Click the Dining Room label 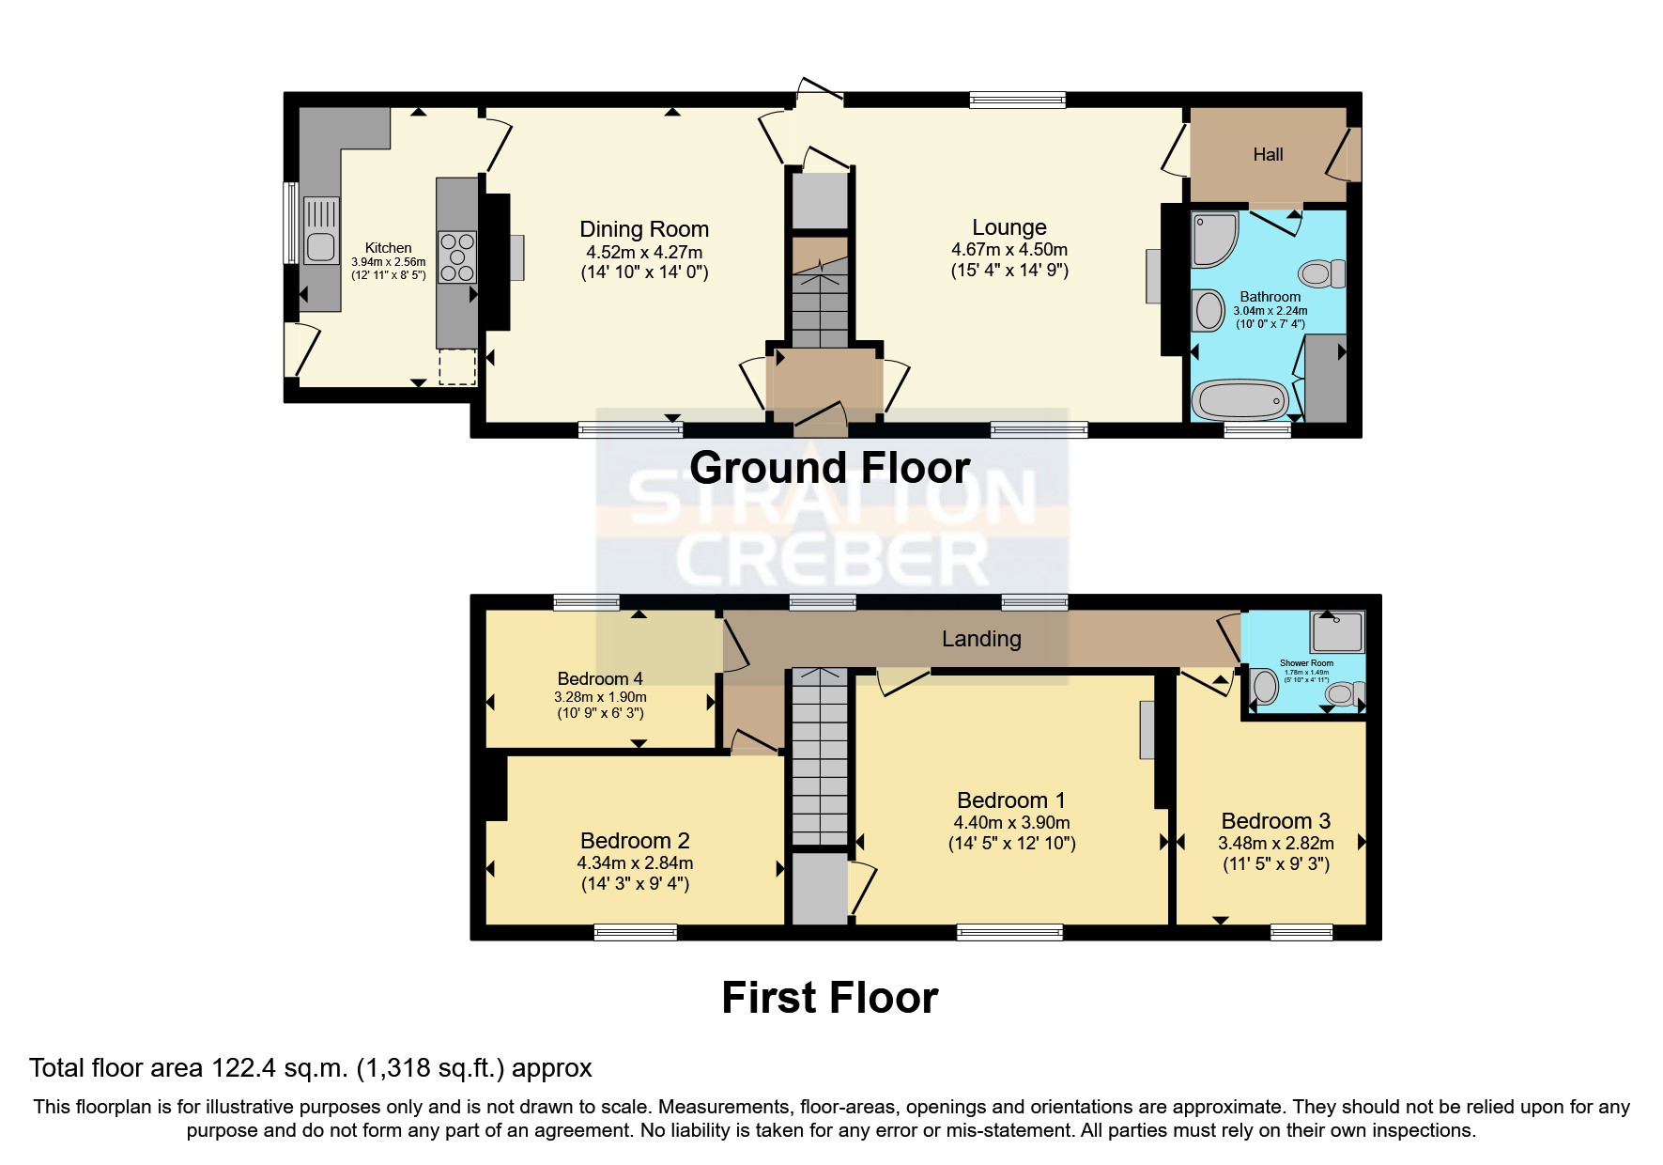pos(643,229)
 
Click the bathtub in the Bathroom pos(1240,400)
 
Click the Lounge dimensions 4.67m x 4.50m pos(1009,250)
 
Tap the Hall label pos(1267,155)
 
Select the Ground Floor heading pos(829,468)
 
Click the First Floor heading pos(829,998)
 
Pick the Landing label pos(980,639)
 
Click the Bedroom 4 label pos(599,678)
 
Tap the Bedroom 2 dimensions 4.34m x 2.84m pos(635,862)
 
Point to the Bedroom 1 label pos(1010,800)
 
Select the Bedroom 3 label pos(1275,821)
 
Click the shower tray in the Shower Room pos(1336,632)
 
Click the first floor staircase pos(820,756)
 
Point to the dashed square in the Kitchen pos(457,366)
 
